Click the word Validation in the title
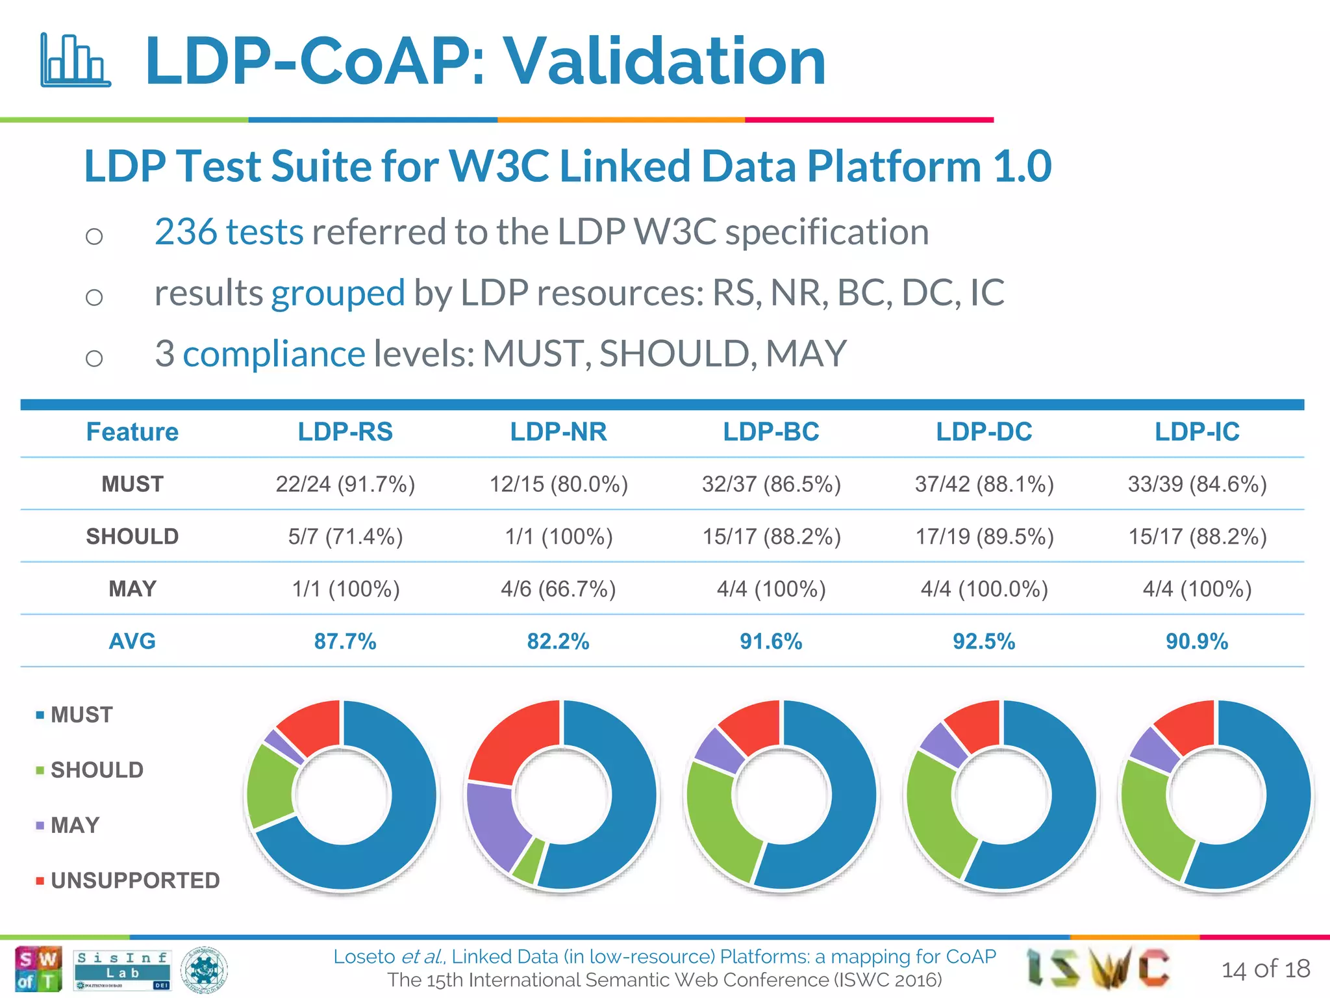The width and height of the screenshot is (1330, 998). click(665, 61)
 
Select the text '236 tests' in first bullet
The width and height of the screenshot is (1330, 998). click(229, 232)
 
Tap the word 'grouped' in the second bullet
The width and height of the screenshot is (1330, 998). click(338, 293)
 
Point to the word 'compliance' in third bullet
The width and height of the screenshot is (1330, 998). click(273, 354)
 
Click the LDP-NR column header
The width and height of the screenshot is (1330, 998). click(558, 432)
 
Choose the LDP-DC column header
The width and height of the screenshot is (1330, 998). click(984, 432)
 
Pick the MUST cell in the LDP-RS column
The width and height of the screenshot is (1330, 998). click(345, 485)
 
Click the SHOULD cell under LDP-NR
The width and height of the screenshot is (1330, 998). click(558, 537)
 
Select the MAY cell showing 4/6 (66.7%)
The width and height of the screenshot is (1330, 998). click(558, 589)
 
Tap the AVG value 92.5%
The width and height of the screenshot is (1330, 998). click(984, 642)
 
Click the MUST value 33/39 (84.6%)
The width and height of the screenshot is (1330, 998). click(1197, 485)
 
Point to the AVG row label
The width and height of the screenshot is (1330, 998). click(132, 642)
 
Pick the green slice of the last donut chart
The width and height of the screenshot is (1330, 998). click(1153, 822)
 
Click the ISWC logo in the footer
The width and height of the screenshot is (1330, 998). click(1098, 968)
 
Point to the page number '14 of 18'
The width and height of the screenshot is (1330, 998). click(1265, 969)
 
